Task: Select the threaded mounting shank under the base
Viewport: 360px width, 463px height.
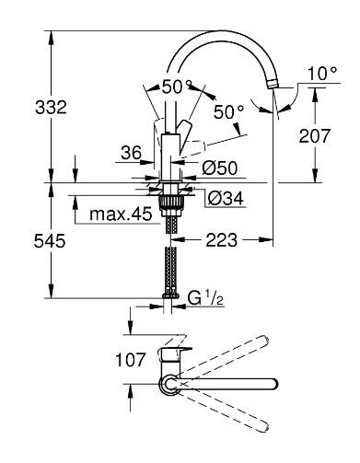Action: click(169, 202)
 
